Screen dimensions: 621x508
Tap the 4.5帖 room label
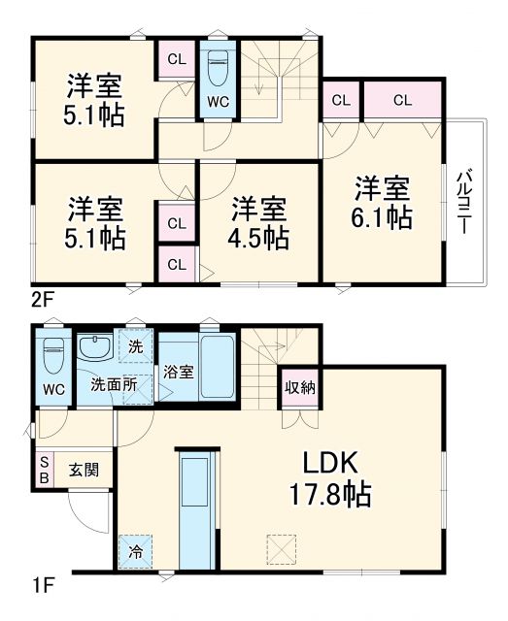click(260, 222)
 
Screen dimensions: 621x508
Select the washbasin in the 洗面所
click(96, 347)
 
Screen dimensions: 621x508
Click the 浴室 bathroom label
click(177, 372)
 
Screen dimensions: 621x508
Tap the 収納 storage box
click(299, 387)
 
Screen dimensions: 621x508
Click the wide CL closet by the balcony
click(402, 99)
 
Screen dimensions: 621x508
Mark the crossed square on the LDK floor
click(280, 549)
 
